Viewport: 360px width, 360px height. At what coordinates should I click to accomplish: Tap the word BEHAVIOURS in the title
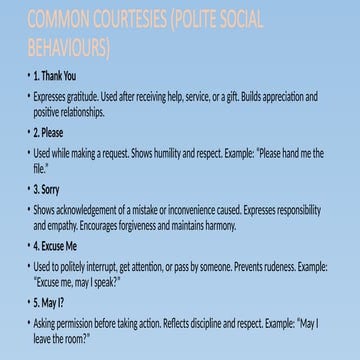(67, 47)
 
